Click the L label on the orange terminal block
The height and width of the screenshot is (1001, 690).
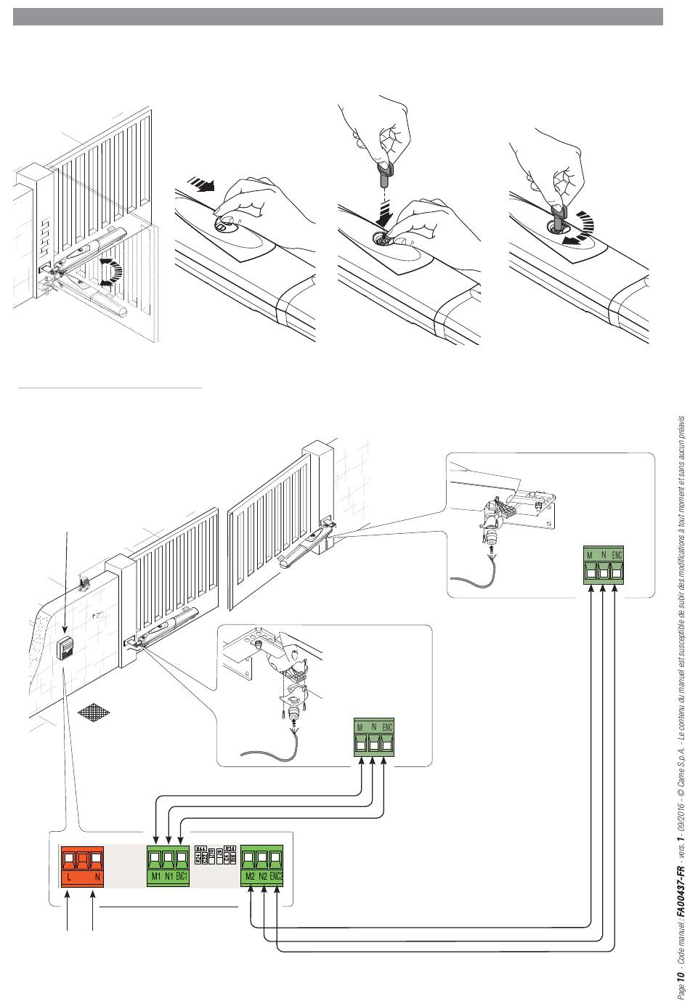tap(68, 856)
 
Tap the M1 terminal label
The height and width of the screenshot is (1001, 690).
tap(155, 856)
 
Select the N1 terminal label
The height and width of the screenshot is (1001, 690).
tap(169, 856)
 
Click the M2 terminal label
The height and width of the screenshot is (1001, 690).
tap(250, 856)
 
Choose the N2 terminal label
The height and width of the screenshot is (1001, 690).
tap(263, 856)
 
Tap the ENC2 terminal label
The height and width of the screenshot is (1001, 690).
tap(276, 856)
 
